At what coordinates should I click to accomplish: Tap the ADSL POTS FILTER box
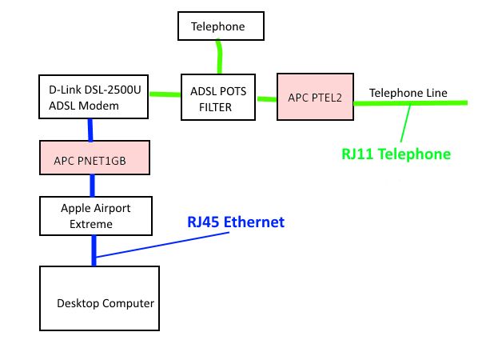pos(217,98)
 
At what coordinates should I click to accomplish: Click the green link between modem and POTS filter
pos(165,95)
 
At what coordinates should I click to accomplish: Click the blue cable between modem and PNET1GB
pos(93,130)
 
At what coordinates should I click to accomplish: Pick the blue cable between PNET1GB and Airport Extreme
pos(94,186)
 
